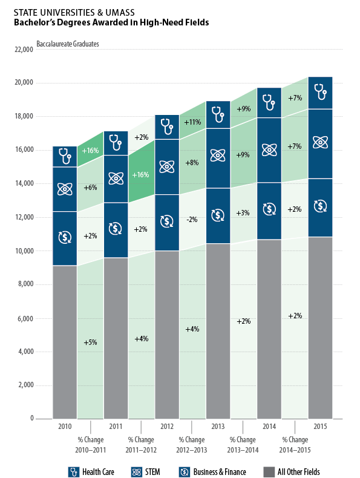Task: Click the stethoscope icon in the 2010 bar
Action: tap(65, 156)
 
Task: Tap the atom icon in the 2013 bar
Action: tap(218, 156)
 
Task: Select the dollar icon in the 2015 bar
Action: tap(321, 206)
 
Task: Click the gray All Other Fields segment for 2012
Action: tap(167, 335)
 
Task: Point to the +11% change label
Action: tap(192, 122)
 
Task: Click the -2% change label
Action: tap(192, 220)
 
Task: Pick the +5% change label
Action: tap(91, 342)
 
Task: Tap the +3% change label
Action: tap(243, 213)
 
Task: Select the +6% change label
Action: tap(91, 188)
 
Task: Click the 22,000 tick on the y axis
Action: tap(24, 50)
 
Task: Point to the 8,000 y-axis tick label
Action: tap(25, 284)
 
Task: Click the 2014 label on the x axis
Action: tap(269, 426)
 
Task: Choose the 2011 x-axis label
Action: tap(116, 426)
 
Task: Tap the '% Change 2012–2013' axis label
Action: tap(192, 445)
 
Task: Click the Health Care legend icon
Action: tap(73, 472)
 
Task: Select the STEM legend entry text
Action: tap(152, 472)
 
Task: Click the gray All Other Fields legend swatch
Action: tap(269, 472)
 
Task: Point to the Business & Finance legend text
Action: tap(220, 472)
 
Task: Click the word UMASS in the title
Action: tap(120, 13)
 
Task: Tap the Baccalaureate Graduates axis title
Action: tap(68, 44)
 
